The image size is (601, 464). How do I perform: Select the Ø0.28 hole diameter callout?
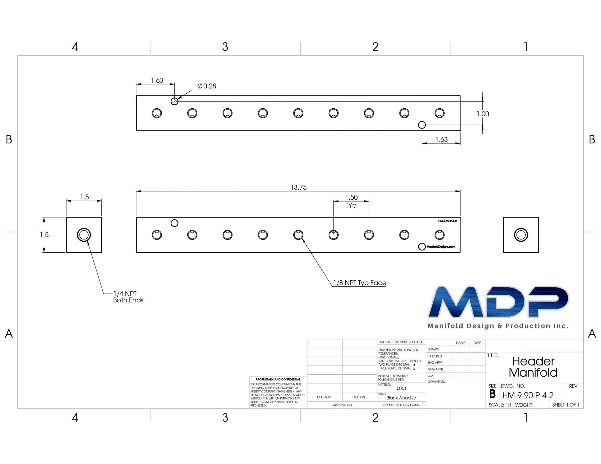coord(207,86)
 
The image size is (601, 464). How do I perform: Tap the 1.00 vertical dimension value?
coord(483,114)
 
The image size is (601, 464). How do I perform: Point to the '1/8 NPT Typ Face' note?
coord(360,283)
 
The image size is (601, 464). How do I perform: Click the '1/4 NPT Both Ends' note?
coord(128,297)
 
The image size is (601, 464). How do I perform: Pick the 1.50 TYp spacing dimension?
coord(351,201)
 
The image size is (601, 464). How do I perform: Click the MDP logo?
coord(498,307)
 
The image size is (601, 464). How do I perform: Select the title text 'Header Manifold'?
coord(533,367)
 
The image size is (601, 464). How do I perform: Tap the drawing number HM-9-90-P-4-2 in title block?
coord(528,395)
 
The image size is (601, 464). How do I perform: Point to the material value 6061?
coord(401,388)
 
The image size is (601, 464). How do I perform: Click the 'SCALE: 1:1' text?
coord(500,405)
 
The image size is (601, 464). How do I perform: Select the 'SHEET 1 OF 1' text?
coord(566,405)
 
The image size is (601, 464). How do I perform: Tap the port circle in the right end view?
coord(521,235)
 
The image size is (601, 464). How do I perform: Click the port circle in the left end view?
coord(84,235)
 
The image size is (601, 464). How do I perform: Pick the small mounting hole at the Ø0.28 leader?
coord(174,101)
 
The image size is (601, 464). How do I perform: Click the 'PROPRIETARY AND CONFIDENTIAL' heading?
coord(278,379)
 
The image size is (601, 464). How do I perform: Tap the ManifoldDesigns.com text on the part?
coord(441,247)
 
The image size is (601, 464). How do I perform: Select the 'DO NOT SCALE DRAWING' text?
coord(401,405)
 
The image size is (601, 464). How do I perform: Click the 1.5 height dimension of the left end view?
coord(44,235)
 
